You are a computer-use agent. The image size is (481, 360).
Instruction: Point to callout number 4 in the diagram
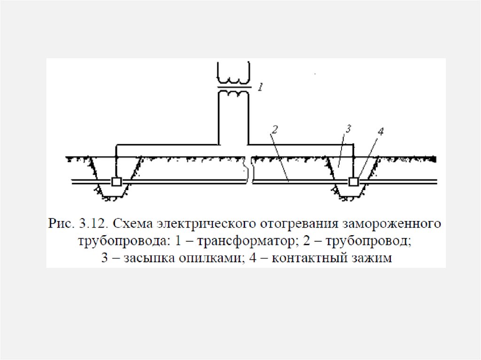click(380, 131)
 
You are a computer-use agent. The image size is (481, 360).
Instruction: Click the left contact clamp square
click(116, 182)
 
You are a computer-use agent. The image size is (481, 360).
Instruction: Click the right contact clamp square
click(354, 182)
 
